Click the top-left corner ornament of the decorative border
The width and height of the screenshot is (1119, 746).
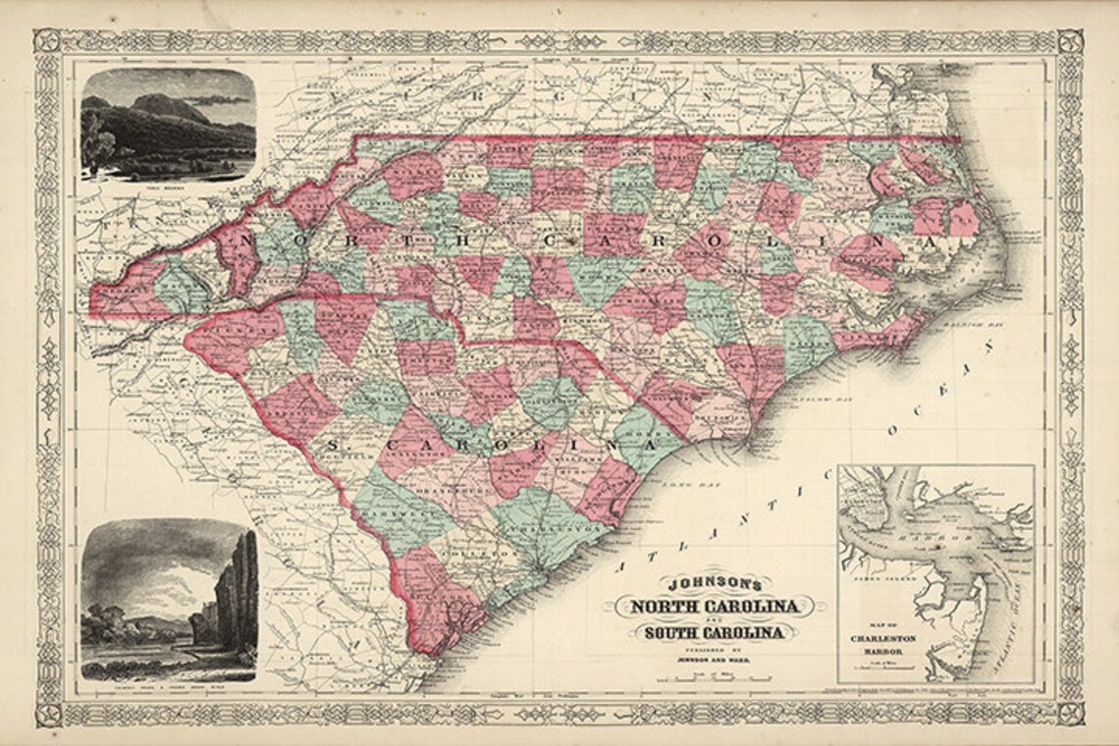(46, 42)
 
